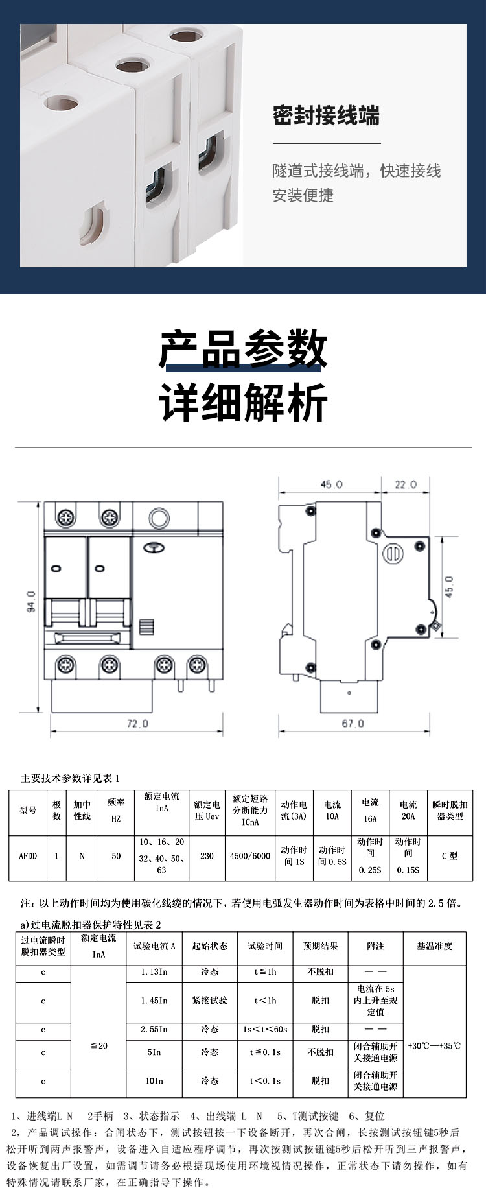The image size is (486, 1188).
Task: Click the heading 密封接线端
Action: (x=326, y=117)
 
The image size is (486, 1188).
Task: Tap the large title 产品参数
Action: (x=243, y=349)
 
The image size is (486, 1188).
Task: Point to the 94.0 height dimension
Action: (x=31, y=602)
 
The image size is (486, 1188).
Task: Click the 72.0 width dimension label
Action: (x=137, y=723)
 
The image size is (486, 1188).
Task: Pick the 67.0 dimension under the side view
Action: (x=353, y=723)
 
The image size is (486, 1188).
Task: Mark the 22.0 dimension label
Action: (x=406, y=484)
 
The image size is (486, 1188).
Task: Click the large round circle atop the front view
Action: (x=159, y=518)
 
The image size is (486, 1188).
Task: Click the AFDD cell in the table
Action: (x=28, y=856)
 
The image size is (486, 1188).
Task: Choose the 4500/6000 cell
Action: (x=250, y=856)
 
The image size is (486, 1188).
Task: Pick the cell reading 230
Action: (x=207, y=856)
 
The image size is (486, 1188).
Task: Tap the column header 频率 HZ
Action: (x=116, y=811)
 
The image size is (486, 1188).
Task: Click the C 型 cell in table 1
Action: (x=450, y=856)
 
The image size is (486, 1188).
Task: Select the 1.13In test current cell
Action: (x=154, y=972)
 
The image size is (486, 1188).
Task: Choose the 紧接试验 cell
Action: (x=209, y=1001)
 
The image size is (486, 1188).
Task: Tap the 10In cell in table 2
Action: (x=154, y=1081)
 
